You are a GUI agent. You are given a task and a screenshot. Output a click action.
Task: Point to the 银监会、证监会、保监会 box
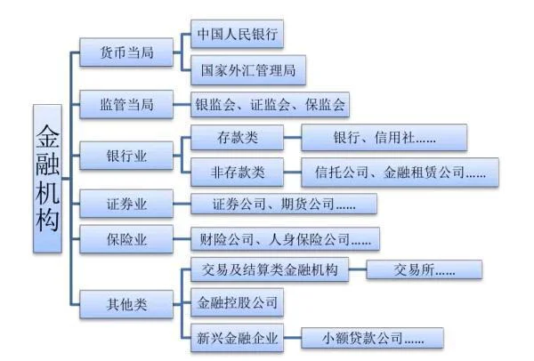click(271, 104)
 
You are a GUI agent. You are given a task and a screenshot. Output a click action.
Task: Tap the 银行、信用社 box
click(384, 138)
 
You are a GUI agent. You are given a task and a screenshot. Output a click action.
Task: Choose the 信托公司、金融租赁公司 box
click(400, 172)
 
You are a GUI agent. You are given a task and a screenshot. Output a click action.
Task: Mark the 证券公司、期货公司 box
click(284, 205)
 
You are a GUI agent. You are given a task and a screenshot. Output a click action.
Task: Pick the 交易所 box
click(424, 270)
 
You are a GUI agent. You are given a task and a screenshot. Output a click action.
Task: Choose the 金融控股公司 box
click(237, 304)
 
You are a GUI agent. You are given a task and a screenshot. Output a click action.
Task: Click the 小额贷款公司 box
click(371, 338)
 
